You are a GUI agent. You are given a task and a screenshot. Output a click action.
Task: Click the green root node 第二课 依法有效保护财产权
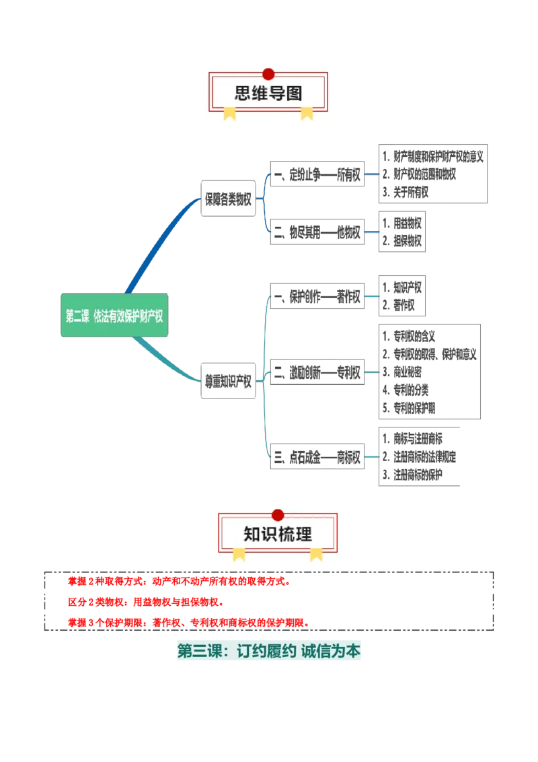click(x=114, y=316)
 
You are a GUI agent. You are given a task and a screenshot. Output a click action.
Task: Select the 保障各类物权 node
click(x=229, y=199)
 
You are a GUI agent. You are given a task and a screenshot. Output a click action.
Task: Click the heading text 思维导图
click(x=268, y=94)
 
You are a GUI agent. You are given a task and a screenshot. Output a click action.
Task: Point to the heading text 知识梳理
click(x=278, y=534)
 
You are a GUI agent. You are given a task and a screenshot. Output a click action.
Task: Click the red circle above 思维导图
click(x=268, y=74)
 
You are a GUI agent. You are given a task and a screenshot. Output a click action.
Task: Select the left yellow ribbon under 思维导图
click(x=230, y=113)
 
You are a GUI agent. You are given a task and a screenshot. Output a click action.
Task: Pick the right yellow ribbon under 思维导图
click(x=307, y=113)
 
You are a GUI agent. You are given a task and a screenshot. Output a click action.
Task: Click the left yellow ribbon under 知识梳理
click(x=239, y=554)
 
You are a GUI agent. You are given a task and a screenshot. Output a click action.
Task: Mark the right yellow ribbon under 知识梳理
click(x=316, y=554)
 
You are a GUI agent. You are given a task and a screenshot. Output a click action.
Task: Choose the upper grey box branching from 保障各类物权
click(x=317, y=172)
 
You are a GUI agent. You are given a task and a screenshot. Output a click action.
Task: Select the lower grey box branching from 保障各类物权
click(x=317, y=232)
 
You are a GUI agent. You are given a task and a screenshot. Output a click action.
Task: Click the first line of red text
click(x=178, y=581)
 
